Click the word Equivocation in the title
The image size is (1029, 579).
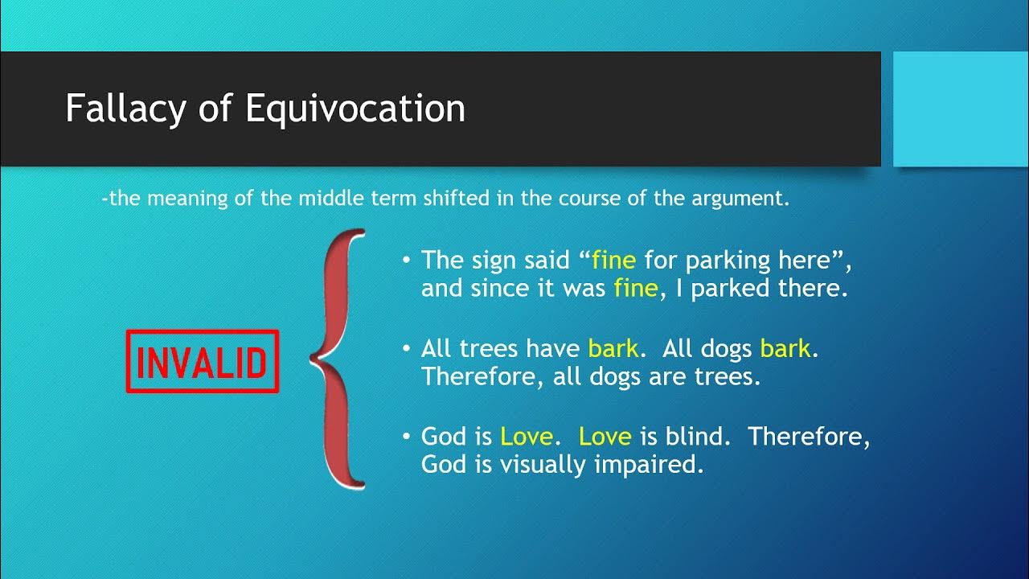click(355, 109)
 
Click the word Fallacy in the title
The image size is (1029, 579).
click(125, 109)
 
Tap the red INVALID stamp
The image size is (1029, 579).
click(202, 362)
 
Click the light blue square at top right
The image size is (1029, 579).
click(961, 109)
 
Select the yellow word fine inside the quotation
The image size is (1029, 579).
click(614, 261)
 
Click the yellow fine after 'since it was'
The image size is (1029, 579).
click(635, 289)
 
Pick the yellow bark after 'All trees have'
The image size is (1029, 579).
click(613, 348)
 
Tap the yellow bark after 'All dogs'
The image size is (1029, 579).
click(785, 348)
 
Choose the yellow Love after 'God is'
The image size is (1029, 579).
click(526, 437)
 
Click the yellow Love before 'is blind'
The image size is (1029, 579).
click(605, 437)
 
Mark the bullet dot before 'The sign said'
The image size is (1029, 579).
click(407, 261)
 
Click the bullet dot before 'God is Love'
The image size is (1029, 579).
click(407, 437)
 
